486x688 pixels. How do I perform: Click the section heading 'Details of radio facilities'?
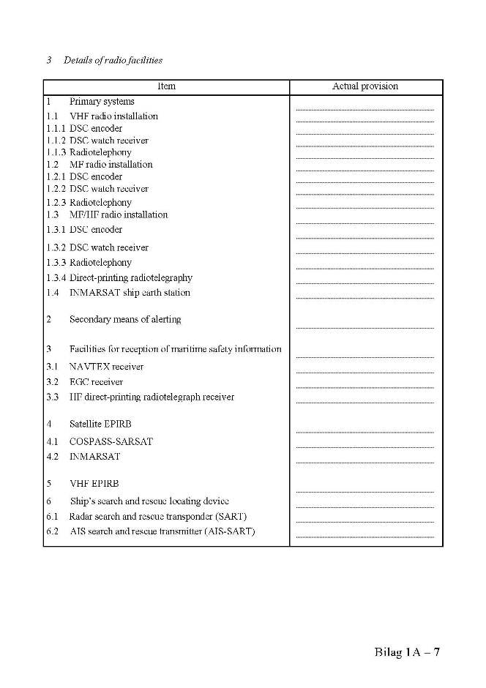113,60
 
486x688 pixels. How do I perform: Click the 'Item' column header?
166,86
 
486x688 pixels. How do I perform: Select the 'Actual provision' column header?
365,86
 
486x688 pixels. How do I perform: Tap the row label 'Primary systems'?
102,102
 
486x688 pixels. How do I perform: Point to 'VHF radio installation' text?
113,116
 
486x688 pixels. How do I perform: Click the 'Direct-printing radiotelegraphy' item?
131,277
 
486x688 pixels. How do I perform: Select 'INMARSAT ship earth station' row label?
130,293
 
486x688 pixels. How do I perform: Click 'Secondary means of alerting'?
125,319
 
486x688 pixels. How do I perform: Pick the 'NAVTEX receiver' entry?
106,367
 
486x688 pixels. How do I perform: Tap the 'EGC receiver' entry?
96,382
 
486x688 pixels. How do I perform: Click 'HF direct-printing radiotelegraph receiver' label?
152,397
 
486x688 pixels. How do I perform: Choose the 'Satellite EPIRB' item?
100,424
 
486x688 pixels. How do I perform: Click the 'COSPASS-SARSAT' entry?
111,441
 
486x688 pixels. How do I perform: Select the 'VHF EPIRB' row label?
94,484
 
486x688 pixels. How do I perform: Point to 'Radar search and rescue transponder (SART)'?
157,516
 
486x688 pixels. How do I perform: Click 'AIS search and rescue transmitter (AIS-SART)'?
162,531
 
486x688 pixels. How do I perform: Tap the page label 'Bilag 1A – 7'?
407,653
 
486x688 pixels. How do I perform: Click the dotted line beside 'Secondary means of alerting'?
365,326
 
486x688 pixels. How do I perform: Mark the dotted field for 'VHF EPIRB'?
365,491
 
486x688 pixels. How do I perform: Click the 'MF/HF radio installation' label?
119,214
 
